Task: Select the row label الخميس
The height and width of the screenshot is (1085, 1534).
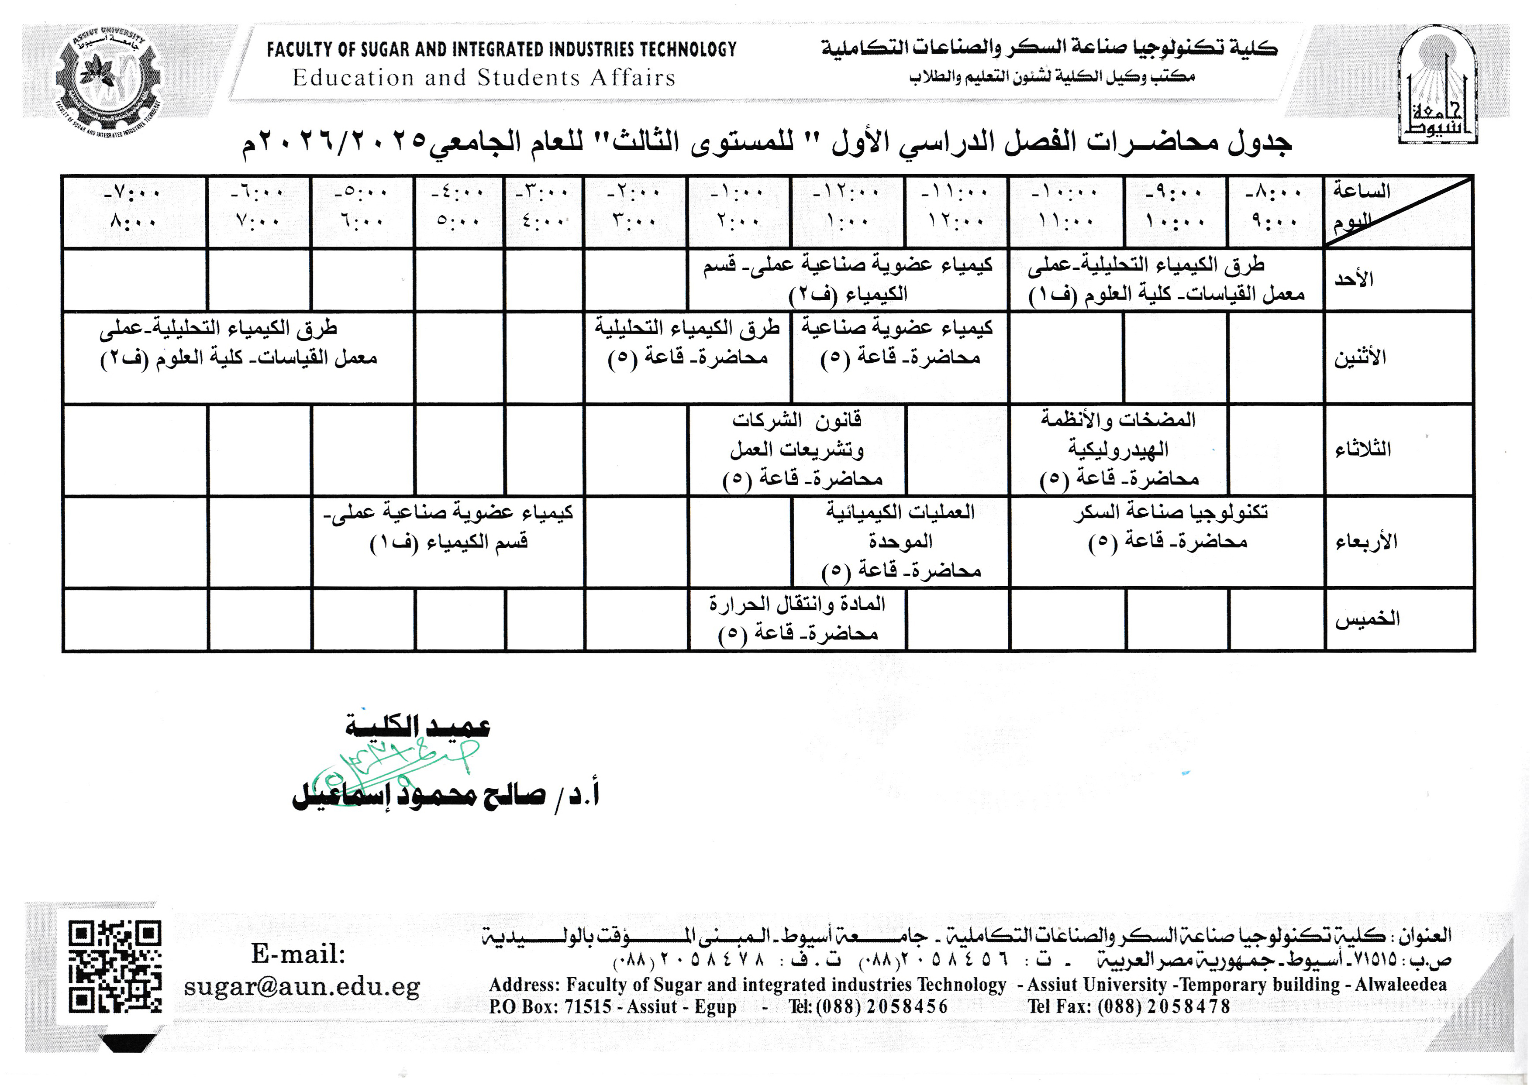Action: (1367, 619)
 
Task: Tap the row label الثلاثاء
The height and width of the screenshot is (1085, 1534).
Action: (1363, 449)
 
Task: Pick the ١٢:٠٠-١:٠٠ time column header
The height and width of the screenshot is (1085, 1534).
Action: (846, 207)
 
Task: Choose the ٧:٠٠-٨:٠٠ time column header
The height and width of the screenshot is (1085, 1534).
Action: (133, 207)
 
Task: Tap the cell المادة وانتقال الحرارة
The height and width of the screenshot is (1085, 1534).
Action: (797, 619)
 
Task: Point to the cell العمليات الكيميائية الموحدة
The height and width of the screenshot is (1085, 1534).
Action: (900, 541)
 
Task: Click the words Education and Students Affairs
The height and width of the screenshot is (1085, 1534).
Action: (484, 78)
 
